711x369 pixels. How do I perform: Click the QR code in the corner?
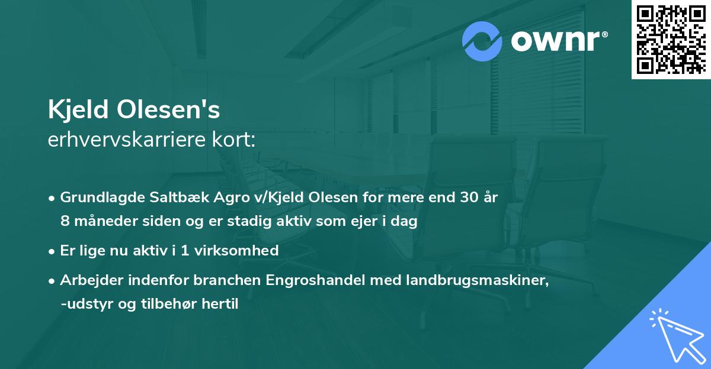671,39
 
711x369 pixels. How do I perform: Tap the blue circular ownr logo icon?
482,41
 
